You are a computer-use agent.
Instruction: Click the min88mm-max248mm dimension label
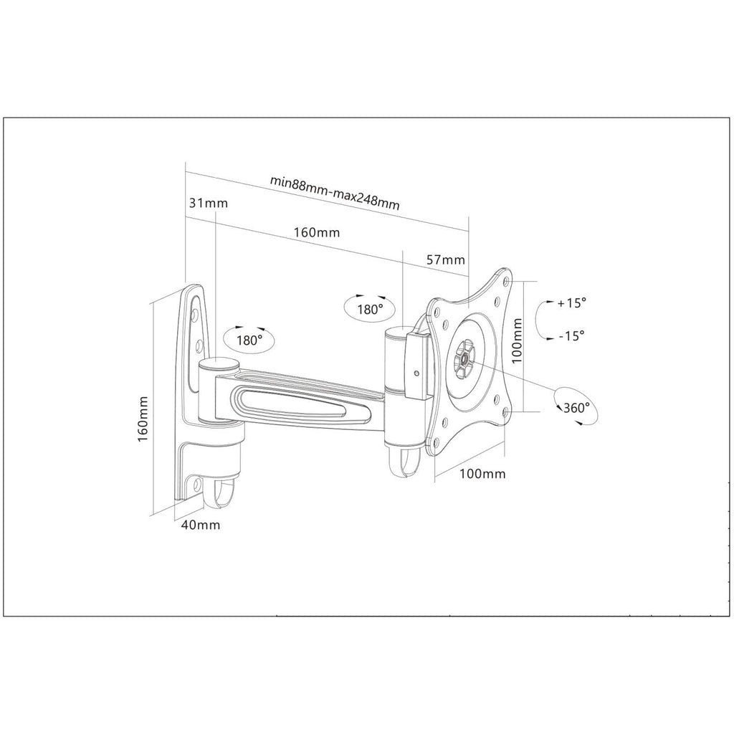[335, 191]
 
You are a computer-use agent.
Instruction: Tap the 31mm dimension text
[208, 203]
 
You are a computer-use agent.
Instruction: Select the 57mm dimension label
[446, 259]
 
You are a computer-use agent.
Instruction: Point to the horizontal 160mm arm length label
[316, 233]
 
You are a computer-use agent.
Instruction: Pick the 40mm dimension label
[200, 525]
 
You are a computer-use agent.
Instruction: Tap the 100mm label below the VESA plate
[482, 474]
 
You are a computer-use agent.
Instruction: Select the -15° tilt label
[569, 335]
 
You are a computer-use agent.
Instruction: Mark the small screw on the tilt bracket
[417, 372]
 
